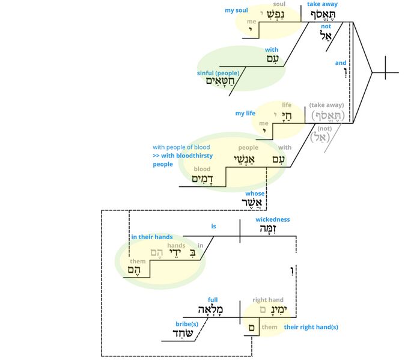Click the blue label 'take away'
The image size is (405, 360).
point(322,4)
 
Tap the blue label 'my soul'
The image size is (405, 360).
point(236,10)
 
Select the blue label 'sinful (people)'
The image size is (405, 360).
point(218,73)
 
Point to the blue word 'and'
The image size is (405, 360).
point(341,63)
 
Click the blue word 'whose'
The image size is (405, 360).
point(255,194)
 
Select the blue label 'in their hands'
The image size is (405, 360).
point(152,237)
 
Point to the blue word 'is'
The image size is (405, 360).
point(213,227)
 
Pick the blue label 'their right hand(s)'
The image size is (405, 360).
point(311,327)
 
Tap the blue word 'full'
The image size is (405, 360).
point(212,299)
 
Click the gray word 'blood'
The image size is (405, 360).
point(202,169)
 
